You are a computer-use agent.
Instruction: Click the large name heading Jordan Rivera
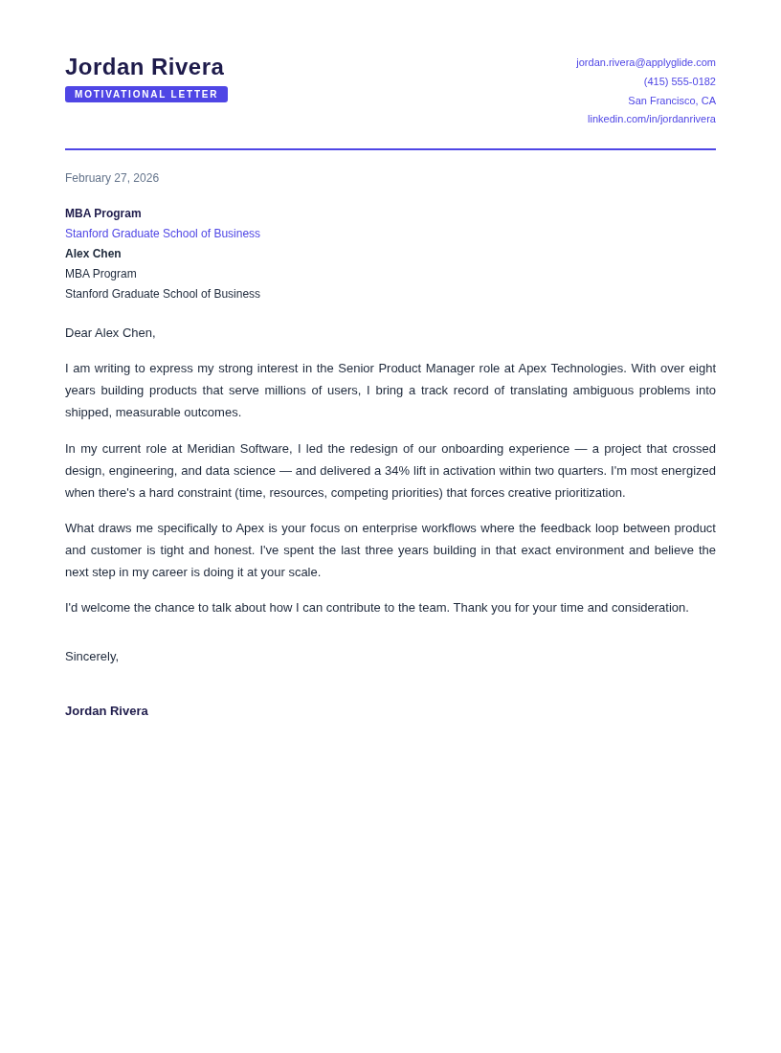click(x=145, y=67)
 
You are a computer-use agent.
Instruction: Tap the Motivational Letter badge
click(x=146, y=95)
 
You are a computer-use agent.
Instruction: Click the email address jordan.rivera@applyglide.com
click(x=645, y=62)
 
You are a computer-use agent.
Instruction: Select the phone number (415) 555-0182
click(x=680, y=81)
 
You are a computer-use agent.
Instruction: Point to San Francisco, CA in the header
click(x=671, y=101)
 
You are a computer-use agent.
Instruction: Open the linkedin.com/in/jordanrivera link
click(x=651, y=119)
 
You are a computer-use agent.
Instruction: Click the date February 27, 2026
click(x=112, y=178)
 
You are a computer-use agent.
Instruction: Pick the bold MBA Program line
click(x=103, y=213)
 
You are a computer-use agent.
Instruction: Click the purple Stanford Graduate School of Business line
click(x=163, y=234)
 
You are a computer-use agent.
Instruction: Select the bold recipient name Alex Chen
click(x=93, y=254)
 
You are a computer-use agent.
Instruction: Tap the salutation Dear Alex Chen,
click(x=110, y=333)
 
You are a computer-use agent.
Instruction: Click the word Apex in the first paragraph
click(x=532, y=369)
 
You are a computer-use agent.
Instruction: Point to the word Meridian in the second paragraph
click(x=211, y=449)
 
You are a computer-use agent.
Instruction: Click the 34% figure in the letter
click(x=396, y=471)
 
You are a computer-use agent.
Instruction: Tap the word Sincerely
click(x=91, y=657)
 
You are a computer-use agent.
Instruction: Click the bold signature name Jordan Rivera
click(x=106, y=711)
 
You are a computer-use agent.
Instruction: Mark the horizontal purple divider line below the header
click(x=390, y=149)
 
